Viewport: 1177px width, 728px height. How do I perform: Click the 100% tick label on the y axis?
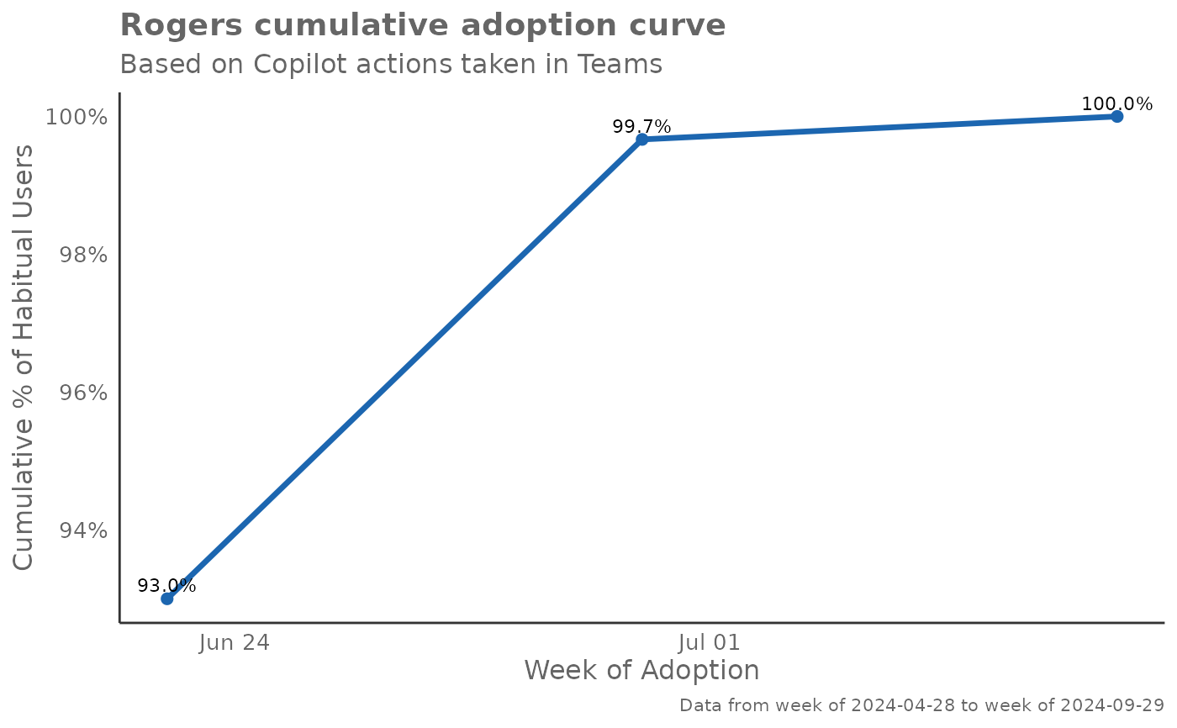click(x=77, y=117)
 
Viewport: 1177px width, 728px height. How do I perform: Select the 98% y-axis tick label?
click(x=83, y=255)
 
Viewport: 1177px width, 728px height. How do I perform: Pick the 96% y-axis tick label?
click(x=83, y=393)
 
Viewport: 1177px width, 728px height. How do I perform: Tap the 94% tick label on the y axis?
click(x=83, y=530)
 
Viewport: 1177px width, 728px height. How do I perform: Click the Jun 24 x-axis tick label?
click(x=235, y=643)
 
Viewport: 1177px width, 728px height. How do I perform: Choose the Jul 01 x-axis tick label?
click(x=709, y=643)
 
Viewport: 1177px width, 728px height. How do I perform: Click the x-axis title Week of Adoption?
click(x=641, y=671)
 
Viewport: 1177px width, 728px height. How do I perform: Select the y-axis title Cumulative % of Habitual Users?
click(x=25, y=357)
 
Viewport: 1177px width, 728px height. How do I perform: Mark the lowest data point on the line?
click(x=167, y=599)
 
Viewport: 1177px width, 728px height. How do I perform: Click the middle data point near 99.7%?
click(x=641, y=139)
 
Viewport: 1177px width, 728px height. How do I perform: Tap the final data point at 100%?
click(x=1116, y=116)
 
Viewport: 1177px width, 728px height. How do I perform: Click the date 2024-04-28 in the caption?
click(x=903, y=705)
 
